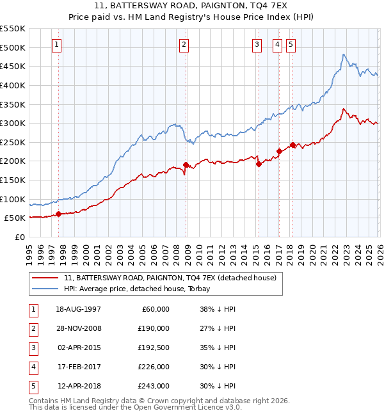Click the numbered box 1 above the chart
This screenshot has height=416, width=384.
click(58, 44)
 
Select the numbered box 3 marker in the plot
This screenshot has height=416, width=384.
click(257, 44)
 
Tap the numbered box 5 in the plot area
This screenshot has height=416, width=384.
click(291, 44)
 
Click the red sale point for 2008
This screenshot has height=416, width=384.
click(186, 164)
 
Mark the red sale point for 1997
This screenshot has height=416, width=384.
click(58, 214)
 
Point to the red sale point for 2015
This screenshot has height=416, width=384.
click(259, 164)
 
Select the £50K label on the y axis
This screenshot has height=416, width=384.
click(15, 218)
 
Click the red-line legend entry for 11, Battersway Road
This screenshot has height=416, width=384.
click(170, 278)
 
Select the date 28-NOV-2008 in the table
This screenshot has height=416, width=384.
click(79, 328)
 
